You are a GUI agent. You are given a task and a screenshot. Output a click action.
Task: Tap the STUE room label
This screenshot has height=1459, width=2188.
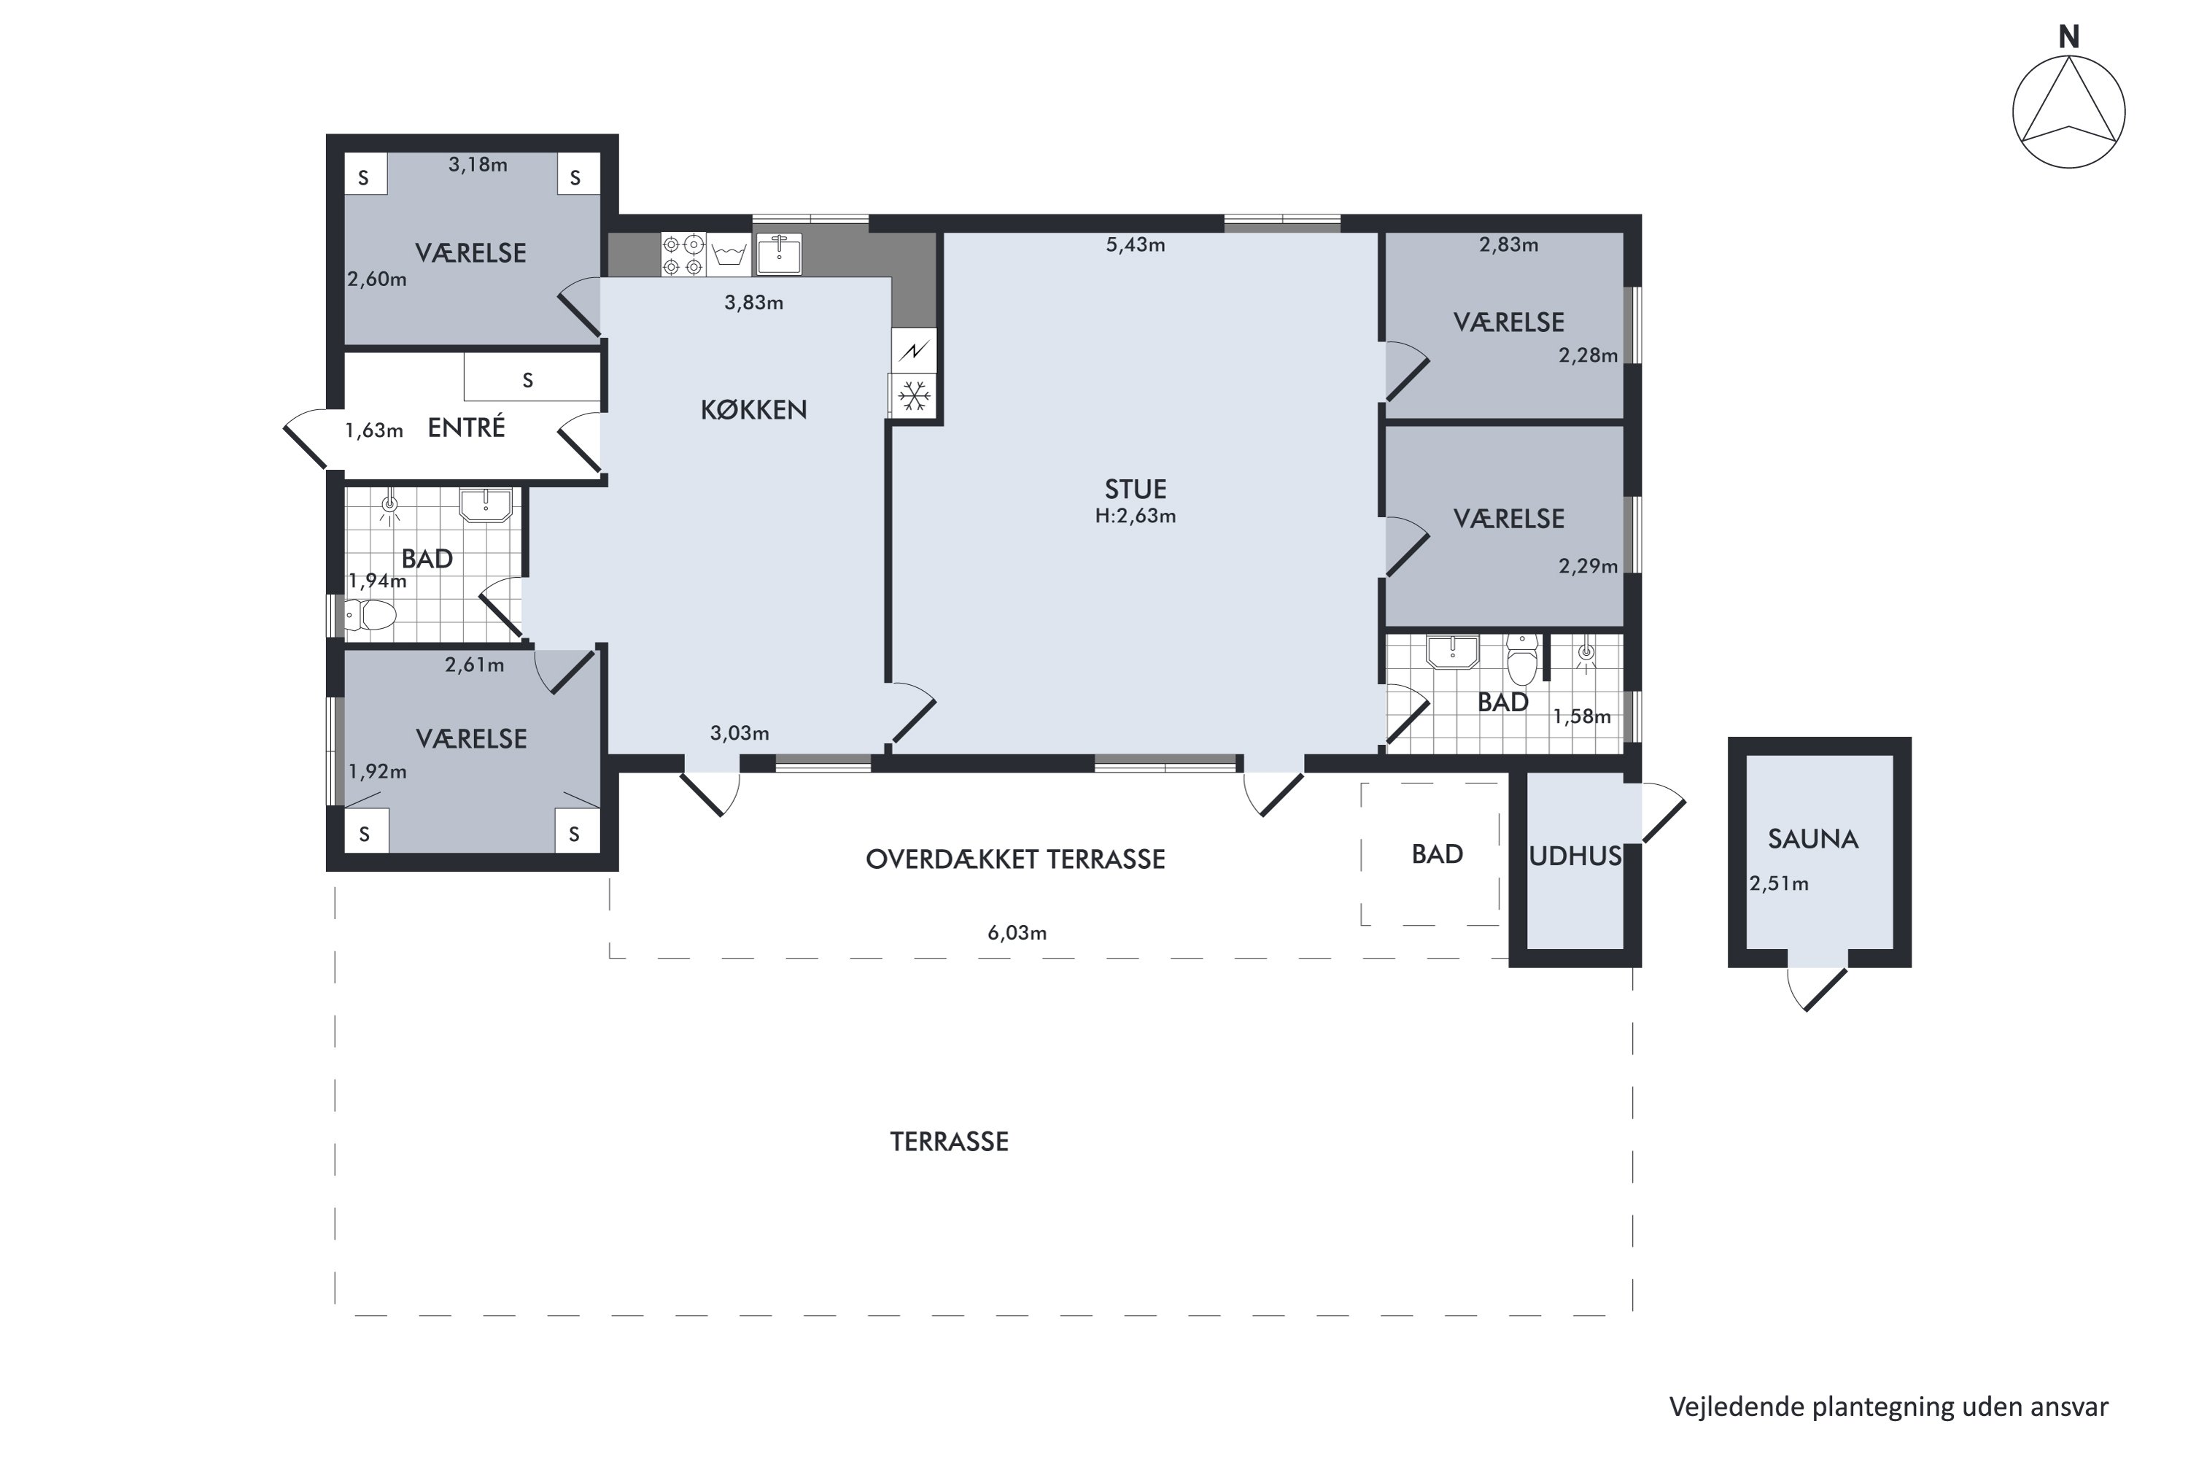point(1135,489)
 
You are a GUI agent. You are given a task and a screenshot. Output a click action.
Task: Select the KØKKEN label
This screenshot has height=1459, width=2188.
point(753,409)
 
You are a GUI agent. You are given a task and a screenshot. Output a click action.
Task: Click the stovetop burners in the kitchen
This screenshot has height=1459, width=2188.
point(683,255)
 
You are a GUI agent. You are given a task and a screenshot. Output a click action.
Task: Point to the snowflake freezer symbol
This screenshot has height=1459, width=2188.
point(914,396)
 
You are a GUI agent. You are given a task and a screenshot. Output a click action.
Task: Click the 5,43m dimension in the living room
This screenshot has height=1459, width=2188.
point(1135,244)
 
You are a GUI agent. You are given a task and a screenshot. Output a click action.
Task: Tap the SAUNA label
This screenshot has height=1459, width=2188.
point(1812,840)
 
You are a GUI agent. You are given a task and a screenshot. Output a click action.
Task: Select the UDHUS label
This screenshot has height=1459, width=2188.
point(1575,856)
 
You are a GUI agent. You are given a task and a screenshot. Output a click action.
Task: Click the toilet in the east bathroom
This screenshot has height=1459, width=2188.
point(1522,659)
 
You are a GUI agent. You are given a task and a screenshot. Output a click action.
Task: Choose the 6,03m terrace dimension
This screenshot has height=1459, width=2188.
point(1017,932)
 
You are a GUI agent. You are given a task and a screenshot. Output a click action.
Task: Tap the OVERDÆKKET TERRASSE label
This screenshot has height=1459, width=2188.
point(1015,859)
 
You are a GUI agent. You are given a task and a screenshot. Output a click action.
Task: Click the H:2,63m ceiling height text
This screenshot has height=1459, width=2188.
point(1135,516)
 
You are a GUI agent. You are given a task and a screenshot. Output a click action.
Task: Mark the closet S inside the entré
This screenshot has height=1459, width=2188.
point(527,379)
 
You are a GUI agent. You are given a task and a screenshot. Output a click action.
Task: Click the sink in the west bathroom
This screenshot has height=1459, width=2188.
point(485,506)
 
